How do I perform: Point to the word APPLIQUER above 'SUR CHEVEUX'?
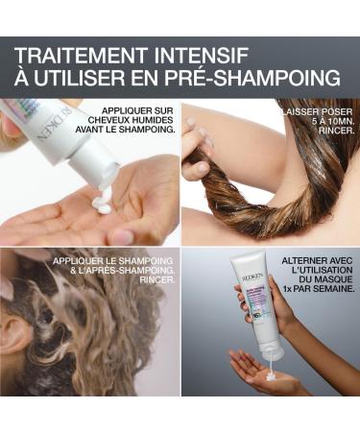pyautogui.click(x=126, y=108)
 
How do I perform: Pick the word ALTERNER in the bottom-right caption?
pyautogui.click(x=303, y=260)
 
